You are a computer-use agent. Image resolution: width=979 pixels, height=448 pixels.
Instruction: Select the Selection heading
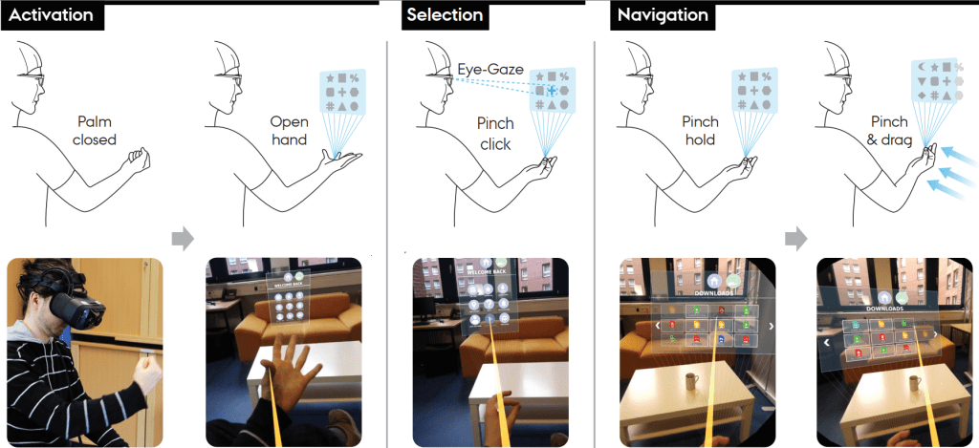pos(445,16)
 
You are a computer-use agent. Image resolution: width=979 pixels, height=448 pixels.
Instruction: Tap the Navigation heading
pos(663,16)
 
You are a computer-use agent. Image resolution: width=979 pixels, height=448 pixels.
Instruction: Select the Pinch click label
pos(495,134)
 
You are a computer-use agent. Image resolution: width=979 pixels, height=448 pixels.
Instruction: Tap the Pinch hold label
pos(701,131)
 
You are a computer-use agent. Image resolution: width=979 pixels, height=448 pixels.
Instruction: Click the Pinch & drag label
pos(889,132)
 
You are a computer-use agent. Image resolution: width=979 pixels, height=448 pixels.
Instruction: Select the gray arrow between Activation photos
pos(184,240)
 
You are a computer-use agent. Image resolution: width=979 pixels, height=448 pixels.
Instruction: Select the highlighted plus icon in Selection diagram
pos(552,90)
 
